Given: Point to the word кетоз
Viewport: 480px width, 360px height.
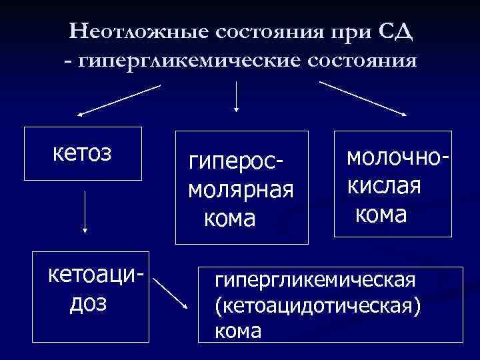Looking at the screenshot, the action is (82, 152).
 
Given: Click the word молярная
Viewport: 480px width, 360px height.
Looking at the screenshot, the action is (241, 190).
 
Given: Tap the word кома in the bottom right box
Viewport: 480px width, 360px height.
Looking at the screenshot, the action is (237, 331).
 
